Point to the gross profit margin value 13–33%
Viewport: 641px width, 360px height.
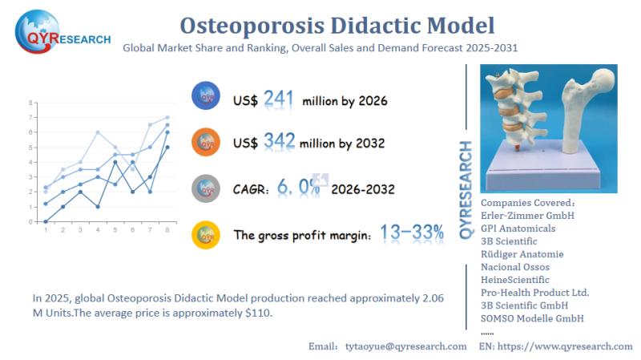click(411, 233)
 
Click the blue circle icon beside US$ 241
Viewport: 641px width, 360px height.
click(206, 97)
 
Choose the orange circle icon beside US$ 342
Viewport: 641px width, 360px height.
click(206, 142)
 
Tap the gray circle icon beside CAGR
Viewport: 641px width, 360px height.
click(206, 188)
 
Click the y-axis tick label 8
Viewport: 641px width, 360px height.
click(30, 103)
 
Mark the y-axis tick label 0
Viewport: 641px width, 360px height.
click(30, 221)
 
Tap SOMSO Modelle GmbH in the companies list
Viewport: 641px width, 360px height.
click(532, 318)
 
